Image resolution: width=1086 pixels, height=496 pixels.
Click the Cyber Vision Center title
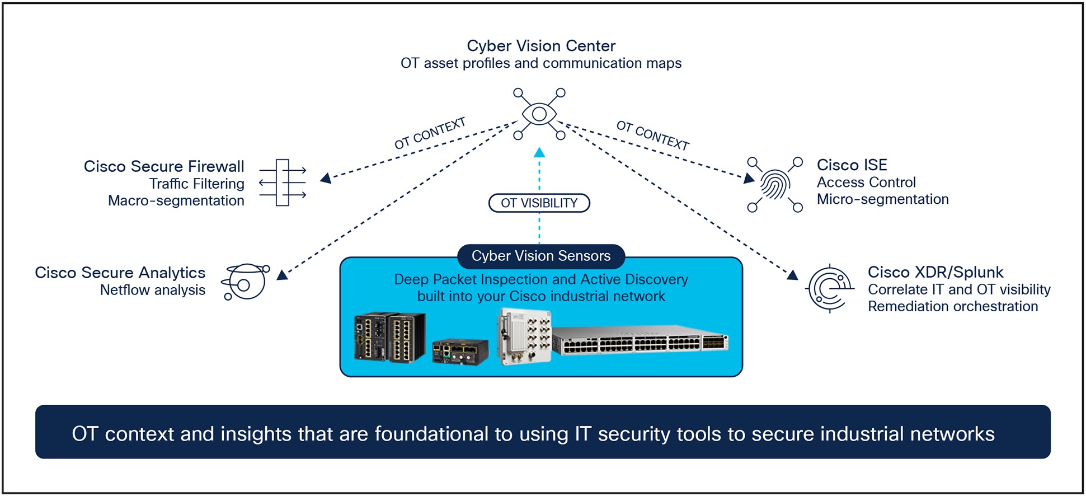541,46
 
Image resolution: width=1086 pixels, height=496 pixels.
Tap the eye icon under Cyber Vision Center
539,114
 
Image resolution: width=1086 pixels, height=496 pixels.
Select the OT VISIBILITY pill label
539,203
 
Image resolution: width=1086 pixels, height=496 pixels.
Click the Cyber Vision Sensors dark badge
541,256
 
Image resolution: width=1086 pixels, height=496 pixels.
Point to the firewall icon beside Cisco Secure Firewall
283,183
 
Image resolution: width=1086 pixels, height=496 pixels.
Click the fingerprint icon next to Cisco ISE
775,185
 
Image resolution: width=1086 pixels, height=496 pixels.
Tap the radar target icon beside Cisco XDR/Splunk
830,288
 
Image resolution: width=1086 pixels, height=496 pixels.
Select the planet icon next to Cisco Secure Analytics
245,282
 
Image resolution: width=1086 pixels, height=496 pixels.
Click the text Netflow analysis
152,290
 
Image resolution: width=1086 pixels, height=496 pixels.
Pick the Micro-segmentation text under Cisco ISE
882,199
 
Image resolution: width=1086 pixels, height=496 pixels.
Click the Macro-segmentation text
176,200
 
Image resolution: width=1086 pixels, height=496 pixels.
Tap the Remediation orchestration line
952,306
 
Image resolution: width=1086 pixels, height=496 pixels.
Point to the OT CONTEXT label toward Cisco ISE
652,135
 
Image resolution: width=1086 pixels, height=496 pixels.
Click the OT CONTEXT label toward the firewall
430,133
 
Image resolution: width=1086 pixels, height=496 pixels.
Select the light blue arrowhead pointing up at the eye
539,152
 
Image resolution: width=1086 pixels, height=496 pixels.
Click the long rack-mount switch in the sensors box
640,340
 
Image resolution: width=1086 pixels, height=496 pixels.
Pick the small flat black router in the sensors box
460,352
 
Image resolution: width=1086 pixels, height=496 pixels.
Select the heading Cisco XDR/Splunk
935,272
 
